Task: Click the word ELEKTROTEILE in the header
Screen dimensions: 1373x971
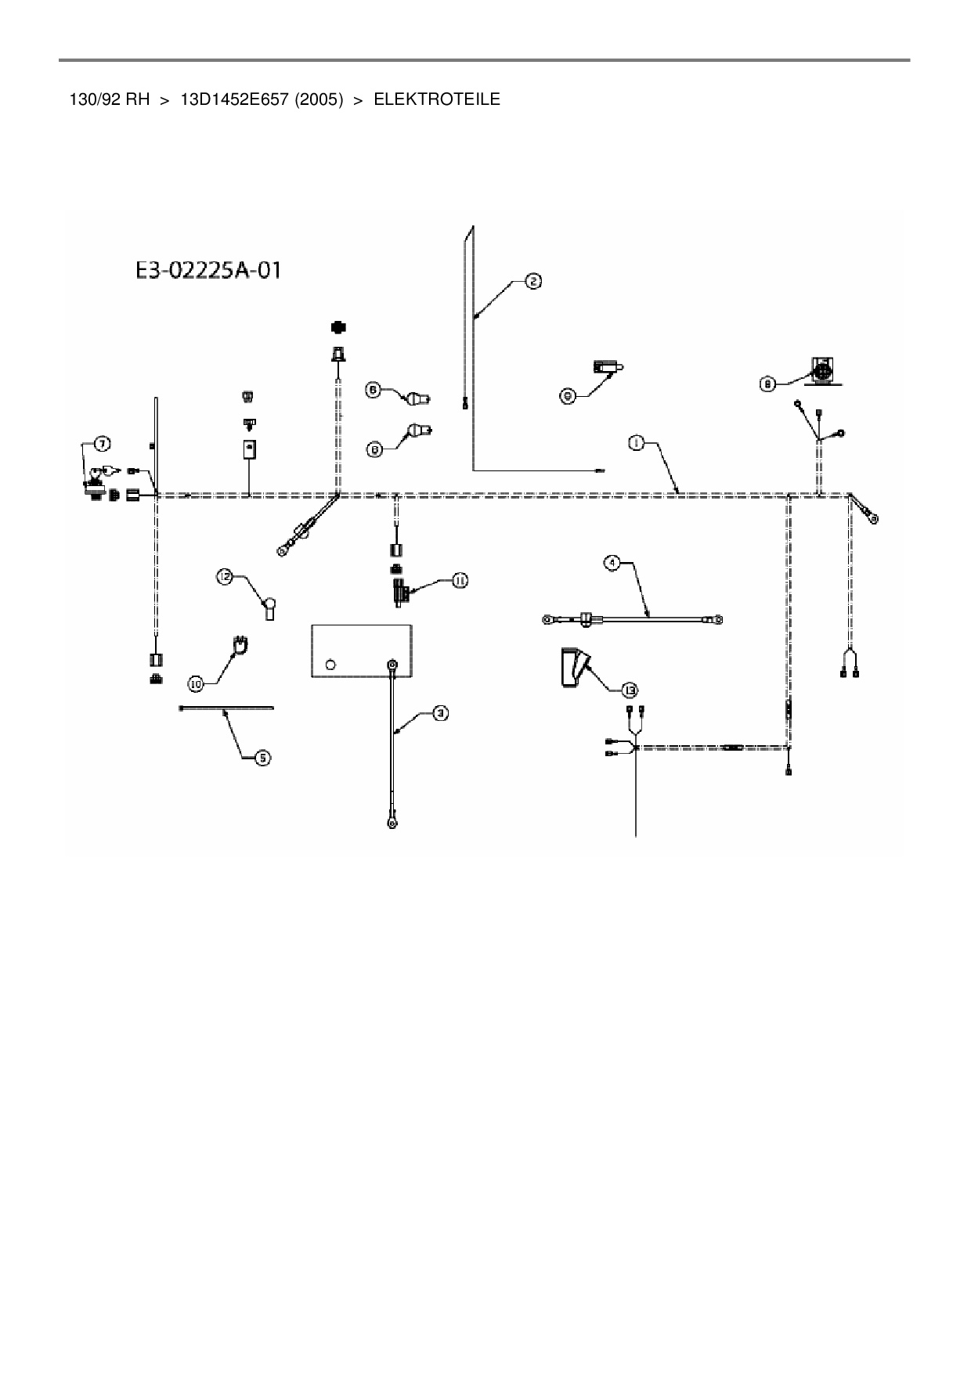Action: coord(437,99)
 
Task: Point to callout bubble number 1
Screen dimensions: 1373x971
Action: coord(636,444)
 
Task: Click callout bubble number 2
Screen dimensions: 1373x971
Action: coord(532,282)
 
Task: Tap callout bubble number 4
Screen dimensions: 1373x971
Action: coord(612,562)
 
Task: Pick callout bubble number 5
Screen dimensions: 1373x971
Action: coord(263,758)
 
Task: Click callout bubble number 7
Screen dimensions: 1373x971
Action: coord(102,444)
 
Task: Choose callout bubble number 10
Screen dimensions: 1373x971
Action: coord(196,683)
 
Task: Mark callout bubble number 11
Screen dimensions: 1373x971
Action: coord(459,580)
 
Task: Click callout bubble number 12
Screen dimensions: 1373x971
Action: coord(226,577)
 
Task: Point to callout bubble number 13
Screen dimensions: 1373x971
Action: coord(629,690)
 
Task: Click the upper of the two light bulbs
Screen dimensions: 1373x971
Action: coord(416,399)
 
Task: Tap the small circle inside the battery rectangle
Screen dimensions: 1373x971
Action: coord(330,665)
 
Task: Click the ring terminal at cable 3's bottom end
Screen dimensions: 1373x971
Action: coord(390,823)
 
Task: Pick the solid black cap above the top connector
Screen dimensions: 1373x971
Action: coord(338,326)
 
